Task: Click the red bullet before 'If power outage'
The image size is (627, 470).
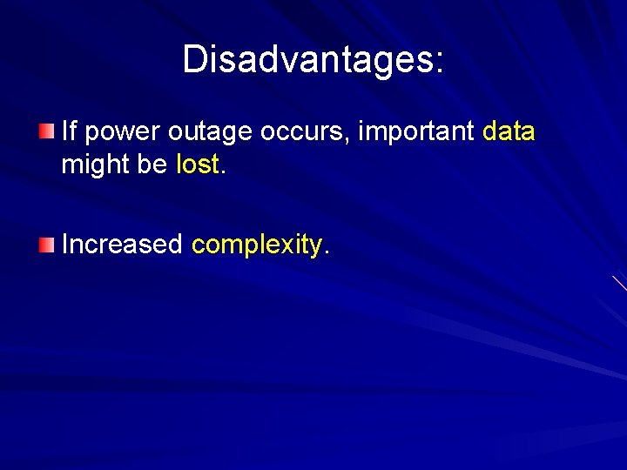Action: point(46,131)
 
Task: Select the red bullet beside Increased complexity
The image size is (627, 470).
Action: point(46,245)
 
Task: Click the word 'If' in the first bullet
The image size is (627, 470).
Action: point(70,131)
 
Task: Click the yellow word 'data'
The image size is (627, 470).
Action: point(509,131)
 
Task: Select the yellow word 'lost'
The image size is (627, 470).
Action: point(198,164)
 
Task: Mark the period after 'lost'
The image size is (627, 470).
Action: point(224,171)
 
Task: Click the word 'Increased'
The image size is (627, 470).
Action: point(121,245)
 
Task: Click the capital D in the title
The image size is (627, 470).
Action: point(194,59)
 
